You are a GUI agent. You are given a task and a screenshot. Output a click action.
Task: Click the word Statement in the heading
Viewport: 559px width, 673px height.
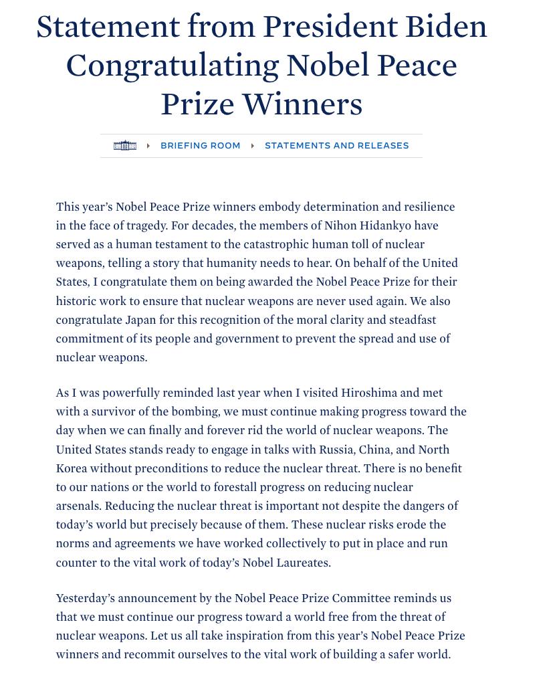[x=108, y=27]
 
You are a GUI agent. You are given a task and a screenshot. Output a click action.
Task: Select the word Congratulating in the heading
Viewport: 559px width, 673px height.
[x=171, y=66]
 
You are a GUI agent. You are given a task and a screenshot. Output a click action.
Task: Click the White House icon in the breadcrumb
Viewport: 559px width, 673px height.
[x=125, y=146]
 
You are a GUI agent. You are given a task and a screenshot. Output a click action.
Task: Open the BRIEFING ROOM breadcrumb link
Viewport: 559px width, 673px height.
[x=200, y=146]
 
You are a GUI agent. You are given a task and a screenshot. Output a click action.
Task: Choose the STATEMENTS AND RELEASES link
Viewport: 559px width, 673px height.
[x=336, y=146]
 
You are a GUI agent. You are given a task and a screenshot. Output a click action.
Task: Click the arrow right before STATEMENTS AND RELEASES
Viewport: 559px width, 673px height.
[x=253, y=146]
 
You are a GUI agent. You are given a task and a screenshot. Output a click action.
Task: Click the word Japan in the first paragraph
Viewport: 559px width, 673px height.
[x=140, y=320]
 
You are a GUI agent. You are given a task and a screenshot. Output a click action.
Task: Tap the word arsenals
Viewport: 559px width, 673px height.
[x=78, y=506]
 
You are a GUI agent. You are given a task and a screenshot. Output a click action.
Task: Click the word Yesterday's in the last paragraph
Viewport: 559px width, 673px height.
[x=86, y=598]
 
